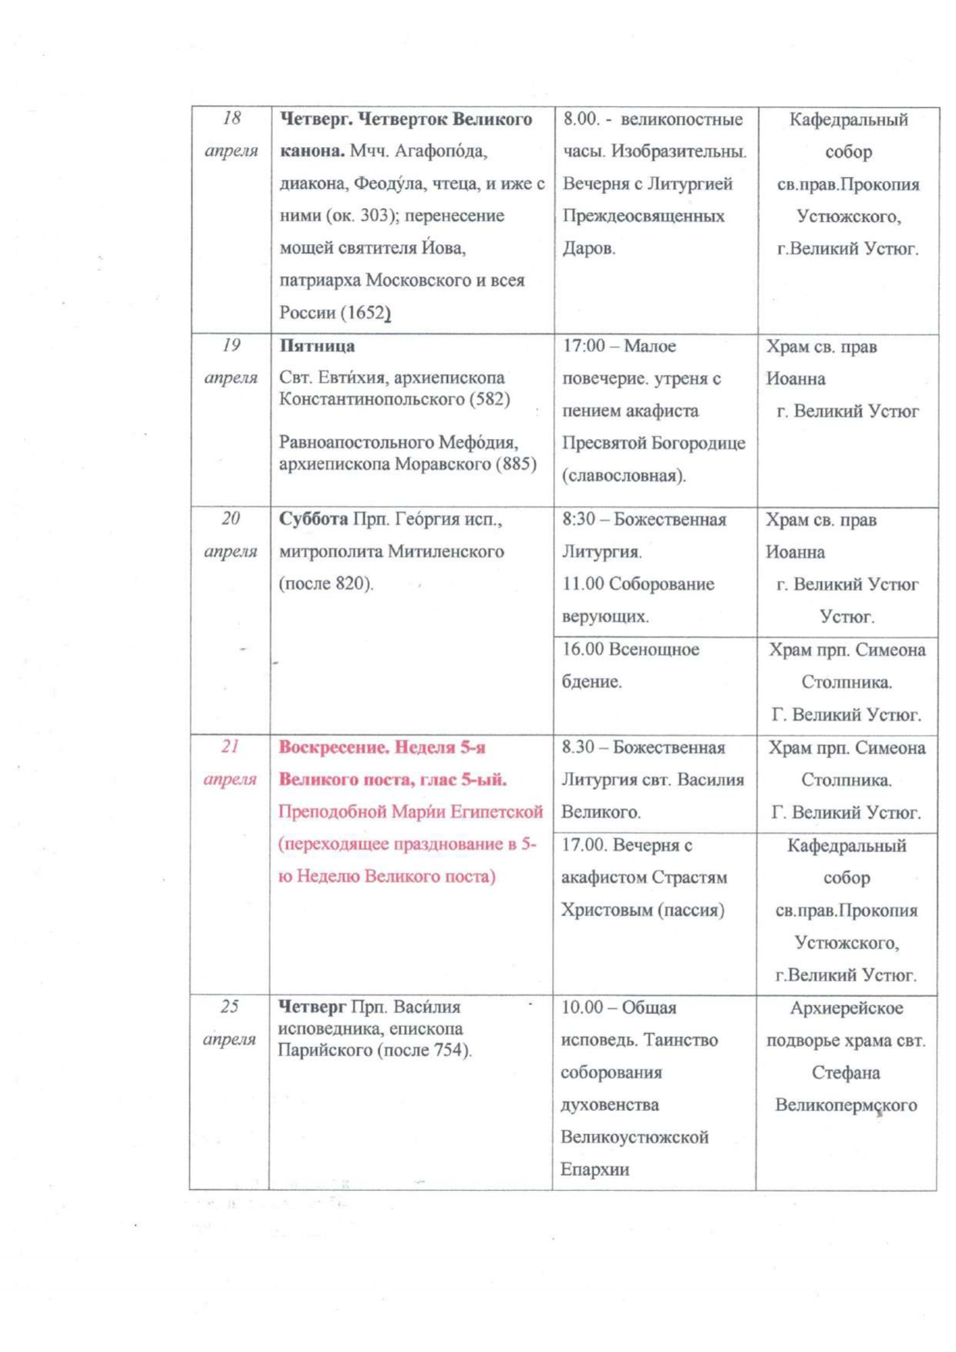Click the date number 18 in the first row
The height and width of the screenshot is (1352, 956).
click(231, 118)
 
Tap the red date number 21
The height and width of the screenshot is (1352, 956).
click(230, 746)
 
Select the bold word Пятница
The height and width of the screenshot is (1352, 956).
click(317, 345)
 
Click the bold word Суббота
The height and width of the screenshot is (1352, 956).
click(313, 518)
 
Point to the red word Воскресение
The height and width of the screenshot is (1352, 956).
click(334, 746)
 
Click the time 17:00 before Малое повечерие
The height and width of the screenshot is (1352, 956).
click(584, 345)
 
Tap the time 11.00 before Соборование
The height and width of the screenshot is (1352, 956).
click(583, 583)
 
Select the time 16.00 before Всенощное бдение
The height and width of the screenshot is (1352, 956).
click(582, 649)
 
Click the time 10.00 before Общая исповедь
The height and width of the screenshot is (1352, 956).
click(582, 1007)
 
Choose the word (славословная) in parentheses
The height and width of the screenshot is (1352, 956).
click(624, 475)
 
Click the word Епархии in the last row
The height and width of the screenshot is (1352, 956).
click(594, 1169)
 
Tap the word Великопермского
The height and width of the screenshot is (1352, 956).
click(846, 1105)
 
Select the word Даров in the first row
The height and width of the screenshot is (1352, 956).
click(588, 248)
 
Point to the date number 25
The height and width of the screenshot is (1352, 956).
click(230, 1006)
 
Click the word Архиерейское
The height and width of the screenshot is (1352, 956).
click(846, 1008)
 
